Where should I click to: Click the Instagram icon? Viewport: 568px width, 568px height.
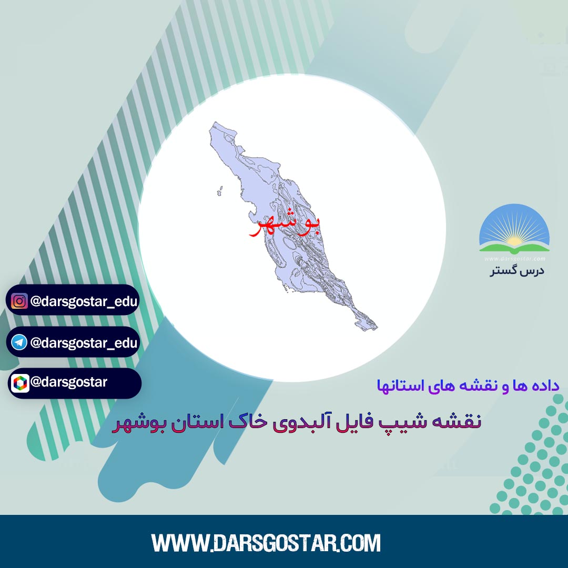tap(19, 301)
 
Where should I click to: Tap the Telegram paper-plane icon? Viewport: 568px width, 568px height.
tap(19, 342)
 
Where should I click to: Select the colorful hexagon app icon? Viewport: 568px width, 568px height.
tap(20, 383)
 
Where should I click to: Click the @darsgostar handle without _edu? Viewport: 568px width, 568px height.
tap(69, 382)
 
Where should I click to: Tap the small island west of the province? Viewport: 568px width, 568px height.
tap(219, 191)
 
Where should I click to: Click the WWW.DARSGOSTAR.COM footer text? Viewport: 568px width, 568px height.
tap(266, 543)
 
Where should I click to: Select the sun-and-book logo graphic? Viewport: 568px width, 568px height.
tap(514, 229)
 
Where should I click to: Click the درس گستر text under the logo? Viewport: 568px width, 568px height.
tap(517, 271)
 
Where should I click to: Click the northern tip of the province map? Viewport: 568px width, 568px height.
tap(215, 123)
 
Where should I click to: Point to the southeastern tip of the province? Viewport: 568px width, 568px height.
tap(377, 328)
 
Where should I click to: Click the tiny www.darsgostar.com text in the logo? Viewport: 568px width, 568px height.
tap(514, 259)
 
